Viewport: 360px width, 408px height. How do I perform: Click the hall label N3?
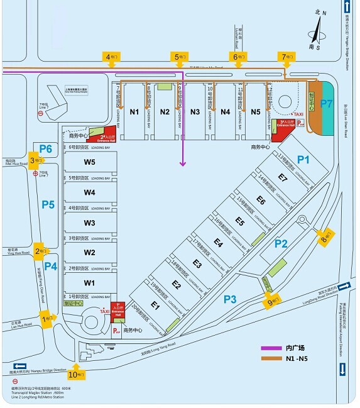195,112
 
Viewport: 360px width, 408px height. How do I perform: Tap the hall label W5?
90,162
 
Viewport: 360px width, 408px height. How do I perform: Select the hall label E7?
283,179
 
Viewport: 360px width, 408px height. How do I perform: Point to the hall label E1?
156,307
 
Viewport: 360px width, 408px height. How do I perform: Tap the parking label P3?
230,299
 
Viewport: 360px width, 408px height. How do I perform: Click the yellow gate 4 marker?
112,58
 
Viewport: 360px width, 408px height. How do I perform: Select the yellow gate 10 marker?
76,375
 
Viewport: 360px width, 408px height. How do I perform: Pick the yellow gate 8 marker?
327,238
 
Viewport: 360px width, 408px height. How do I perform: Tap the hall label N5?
256,112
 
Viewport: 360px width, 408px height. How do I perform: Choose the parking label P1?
303,160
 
